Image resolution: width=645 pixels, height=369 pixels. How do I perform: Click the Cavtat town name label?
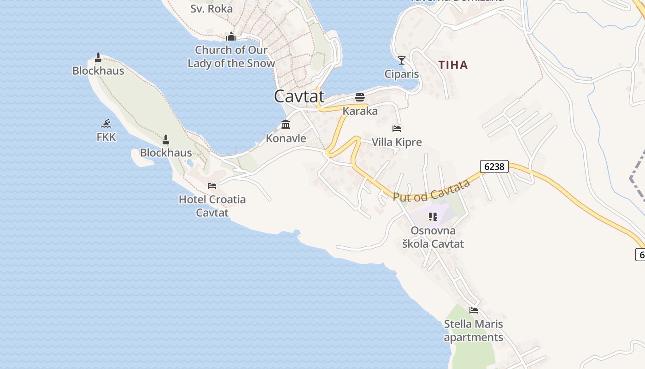pyautogui.click(x=299, y=96)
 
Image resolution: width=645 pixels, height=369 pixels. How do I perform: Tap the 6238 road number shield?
pyautogui.click(x=494, y=167)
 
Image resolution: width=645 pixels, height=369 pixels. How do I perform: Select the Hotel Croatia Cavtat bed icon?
pyautogui.click(x=212, y=186)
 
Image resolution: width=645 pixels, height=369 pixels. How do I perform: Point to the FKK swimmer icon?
pyautogui.click(x=106, y=124)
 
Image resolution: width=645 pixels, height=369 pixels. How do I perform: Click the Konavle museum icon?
pyautogui.click(x=286, y=125)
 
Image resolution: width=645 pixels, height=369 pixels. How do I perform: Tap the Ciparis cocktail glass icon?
pyautogui.click(x=402, y=60)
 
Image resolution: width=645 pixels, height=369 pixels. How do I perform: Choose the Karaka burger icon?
pyautogui.click(x=360, y=97)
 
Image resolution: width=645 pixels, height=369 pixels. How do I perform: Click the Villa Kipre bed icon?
pyautogui.click(x=397, y=129)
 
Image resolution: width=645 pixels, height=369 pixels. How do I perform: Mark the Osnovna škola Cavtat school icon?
pyautogui.click(x=433, y=216)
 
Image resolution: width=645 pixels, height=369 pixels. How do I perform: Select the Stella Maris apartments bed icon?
pyautogui.click(x=474, y=310)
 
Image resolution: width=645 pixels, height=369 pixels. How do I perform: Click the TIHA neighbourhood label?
pyautogui.click(x=453, y=65)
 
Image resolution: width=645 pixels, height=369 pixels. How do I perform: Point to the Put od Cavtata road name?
pyautogui.click(x=431, y=190)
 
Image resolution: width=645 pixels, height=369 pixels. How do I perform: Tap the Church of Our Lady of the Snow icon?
pyautogui.click(x=231, y=36)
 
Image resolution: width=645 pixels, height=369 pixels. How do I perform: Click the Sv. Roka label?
pyautogui.click(x=211, y=8)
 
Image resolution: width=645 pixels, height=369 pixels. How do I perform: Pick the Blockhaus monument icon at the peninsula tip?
pyautogui.click(x=98, y=58)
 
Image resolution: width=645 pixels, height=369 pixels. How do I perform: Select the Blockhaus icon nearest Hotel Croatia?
pyautogui.click(x=166, y=139)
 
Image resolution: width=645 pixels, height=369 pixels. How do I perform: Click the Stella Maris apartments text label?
pyautogui.click(x=474, y=331)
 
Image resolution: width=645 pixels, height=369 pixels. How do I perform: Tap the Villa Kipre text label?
pyautogui.click(x=397, y=142)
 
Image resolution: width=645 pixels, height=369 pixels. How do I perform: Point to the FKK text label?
pyautogui.click(x=106, y=137)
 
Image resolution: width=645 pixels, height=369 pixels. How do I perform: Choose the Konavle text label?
pyautogui.click(x=286, y=138)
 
